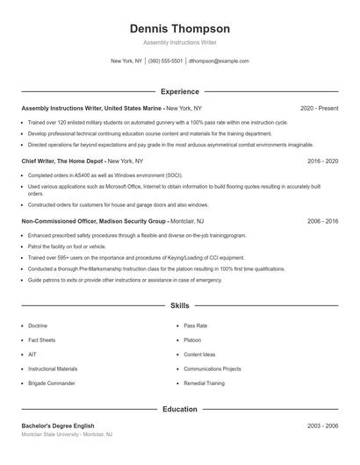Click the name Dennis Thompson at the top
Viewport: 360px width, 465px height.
point(179,28)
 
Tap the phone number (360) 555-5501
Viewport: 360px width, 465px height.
point(165,61)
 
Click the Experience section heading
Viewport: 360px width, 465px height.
point(179,90)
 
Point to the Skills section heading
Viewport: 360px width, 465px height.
point(179,305)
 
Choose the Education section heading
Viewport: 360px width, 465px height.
point(179,409)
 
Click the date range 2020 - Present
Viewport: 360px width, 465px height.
point(319,108)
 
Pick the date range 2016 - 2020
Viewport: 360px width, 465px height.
point(322,161)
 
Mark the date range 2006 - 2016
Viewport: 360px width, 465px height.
point(322,222)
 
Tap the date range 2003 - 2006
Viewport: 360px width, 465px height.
point(322,426)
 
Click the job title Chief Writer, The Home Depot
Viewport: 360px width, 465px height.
point(62,161)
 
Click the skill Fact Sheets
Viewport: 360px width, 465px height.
point(42,340)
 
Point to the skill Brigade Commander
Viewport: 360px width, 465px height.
point(52,384)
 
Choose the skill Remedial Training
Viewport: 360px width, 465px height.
point(205,384)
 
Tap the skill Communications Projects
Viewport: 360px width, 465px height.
point(211,369)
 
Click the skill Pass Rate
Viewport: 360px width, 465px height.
point(195,325)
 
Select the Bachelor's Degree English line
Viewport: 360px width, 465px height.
point(57,426)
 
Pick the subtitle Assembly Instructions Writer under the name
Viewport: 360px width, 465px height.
point(179,42)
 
